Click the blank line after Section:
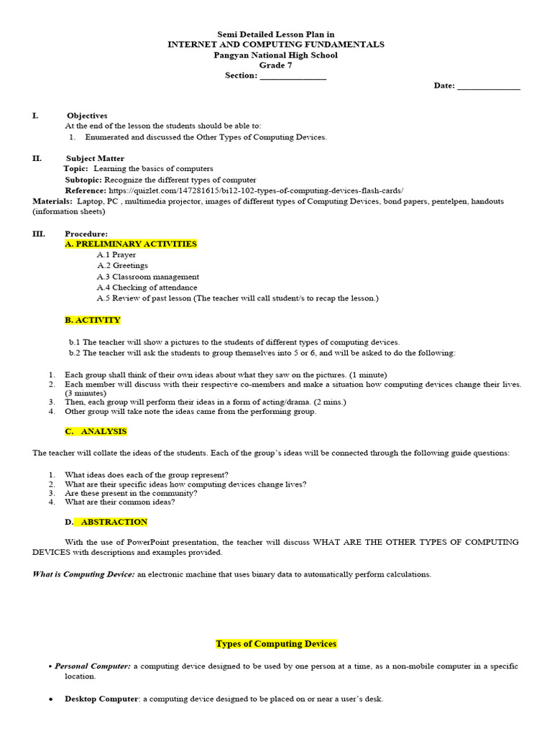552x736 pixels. pyautogui.click(x=293, y=76)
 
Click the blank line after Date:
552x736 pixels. pyautogui.click(x=488, y=86)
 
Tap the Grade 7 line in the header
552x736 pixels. pyautogui.click(x=276, y=65)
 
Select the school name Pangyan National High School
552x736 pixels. pyautogui.click(x=276, y=55)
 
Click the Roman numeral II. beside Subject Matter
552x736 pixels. pyautogui.click(x=37, y=158)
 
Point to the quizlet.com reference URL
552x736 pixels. pyautogui.click(x=256, y=190)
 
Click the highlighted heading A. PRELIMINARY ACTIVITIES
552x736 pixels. pyautogui.click(x=131, y=244)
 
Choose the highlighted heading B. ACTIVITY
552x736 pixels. pyautogui.click(x=93, y=320)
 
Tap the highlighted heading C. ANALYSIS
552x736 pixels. pyautogui.click(x=96, y=431)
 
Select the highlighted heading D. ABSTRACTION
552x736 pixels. pyautogui.click(x=106, y=522)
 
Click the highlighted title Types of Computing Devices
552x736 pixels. pyautogui.click(x=276, y=644)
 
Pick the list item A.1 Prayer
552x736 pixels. pyautogui.click(x=116, y=254)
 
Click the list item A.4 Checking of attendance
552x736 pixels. pyautogui.click(x=137, y=287)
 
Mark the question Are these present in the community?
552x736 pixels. pyautogui.click(x=131, y=493)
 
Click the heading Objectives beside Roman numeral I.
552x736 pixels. pyautogui.click(x=87, y=115)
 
